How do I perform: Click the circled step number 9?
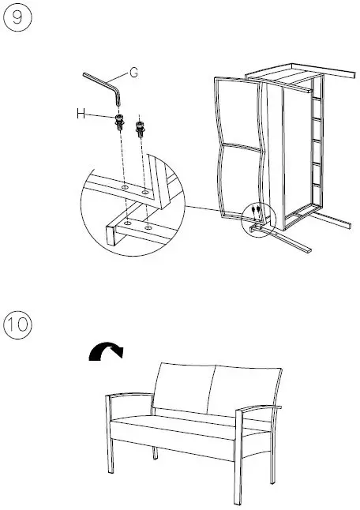[x=17, y=20]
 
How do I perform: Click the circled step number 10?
[x=17, y=325]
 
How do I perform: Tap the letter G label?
[x=133, y=73]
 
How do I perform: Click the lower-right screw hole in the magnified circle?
[x=148, y=227]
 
